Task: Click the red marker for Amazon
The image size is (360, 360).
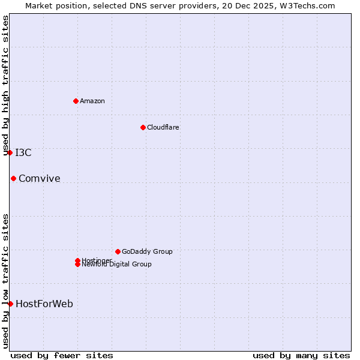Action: pyautogui.click(x=76, y=101)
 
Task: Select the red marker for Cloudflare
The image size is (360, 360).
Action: pyautogui.click(x=143, y=127)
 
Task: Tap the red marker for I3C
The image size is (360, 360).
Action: pyautogui.click(x=10, y=152)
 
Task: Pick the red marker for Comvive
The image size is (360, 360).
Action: pyautogui.click(x=13, y=178)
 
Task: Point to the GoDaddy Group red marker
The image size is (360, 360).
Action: pyautogui.click(x=118, y=251)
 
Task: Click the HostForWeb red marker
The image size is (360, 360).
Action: pyautogui.click(x=10, y=304)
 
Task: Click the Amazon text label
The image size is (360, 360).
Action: pyautogui.click(x=92, y=101)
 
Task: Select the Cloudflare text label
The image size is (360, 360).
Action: pyautogui.click(x=163, y=127)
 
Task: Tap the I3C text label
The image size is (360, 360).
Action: pyautogui.click(x=23, y=152)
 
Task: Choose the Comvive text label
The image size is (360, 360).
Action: pyautogui.click(x=40, y=178)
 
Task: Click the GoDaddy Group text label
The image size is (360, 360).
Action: pyautogui.click(x=147, y=251)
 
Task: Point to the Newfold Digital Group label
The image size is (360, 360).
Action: pyautogui.click(x=116, y=264)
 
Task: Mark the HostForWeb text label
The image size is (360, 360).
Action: pyautogui.click(x=44, y=304)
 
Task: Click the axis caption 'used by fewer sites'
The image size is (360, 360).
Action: pyautogui.click(x=62, y=355)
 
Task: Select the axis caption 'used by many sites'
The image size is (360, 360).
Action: pyautogui.click(x=301, y=355)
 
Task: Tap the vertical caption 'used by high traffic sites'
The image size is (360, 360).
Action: pyautogui.click(x=6, y=85)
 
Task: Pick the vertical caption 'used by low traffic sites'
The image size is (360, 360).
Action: pyautogui.click(x=6, y=281)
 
